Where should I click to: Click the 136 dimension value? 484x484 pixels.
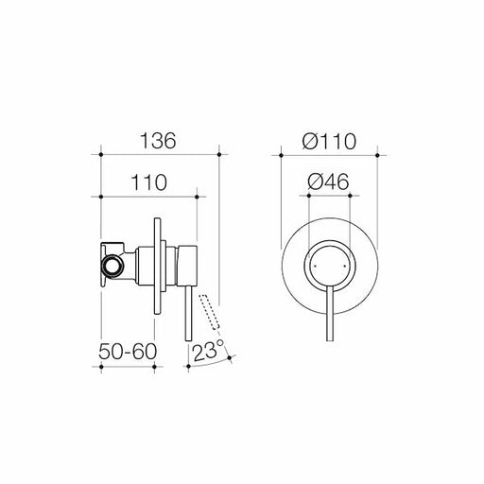coord(159,141)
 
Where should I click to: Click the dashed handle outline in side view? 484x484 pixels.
coord(216,314)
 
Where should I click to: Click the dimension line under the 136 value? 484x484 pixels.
coord(159,154)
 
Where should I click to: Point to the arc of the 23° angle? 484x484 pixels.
coord(205,366)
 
